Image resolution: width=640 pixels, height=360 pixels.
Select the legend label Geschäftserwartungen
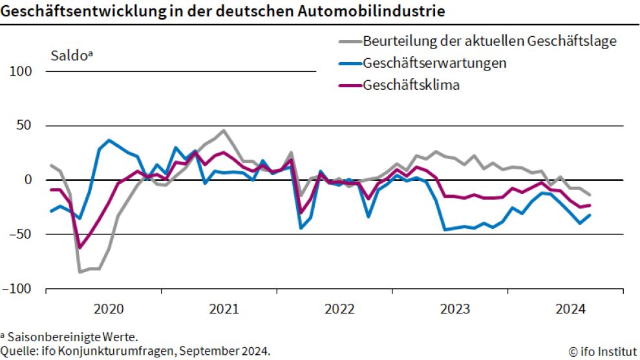tap(434, 63)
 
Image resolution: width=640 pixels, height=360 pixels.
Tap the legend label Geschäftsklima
tap(411, 85)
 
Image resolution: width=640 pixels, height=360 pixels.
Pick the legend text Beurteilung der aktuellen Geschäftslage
tap(490, 41)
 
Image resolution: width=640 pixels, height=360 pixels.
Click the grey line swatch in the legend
tap(349, 42)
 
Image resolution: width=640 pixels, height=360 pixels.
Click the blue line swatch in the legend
tap(349, 63)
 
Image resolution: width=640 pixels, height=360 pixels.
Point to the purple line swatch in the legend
tap(349, 85)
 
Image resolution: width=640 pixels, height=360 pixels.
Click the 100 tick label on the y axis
tap(21, 71)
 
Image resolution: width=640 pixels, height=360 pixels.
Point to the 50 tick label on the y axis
tap(25, 125)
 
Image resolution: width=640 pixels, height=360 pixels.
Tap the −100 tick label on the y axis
tap(18, 289)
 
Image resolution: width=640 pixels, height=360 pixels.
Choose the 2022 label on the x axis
tap(339, 309)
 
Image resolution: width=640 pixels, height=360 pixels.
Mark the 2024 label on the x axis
tap(570, 309)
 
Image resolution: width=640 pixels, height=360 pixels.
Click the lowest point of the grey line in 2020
tap(80, 272)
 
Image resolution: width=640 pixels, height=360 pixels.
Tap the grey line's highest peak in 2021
tap(224, 131)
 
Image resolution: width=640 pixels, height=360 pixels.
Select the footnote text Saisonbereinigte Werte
tap(72, 337)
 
